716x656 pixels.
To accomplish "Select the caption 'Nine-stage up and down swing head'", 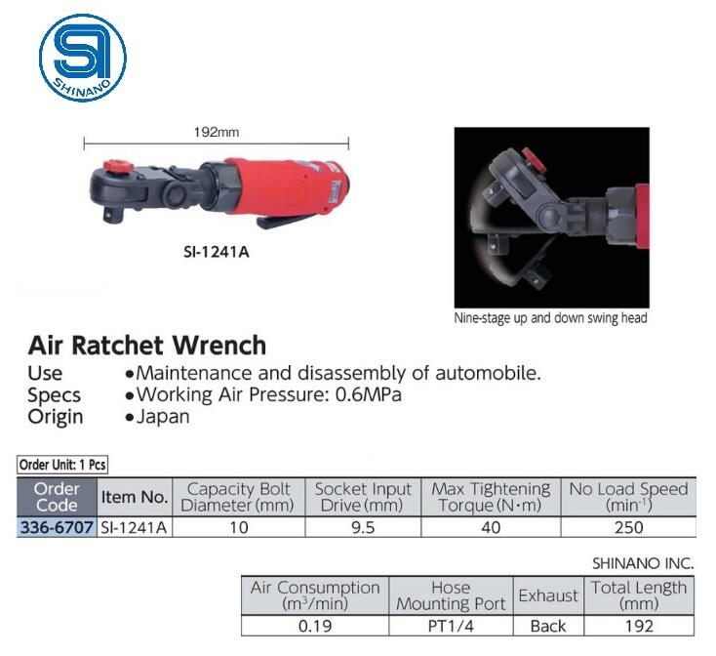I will click(550, 317).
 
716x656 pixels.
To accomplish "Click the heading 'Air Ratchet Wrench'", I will click(147, 346).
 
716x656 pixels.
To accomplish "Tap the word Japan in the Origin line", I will click(163, 417).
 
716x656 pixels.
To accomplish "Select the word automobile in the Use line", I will click(492, 373).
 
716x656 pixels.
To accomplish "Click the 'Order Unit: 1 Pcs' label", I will click(62, 465).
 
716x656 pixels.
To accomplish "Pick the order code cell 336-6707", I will click(58, 527).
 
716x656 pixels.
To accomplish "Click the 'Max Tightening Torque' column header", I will click(491, 497).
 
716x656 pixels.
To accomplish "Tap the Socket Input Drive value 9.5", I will click(364, 527).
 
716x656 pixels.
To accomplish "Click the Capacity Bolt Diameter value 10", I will click(239, 527).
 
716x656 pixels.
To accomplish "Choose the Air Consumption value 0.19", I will click(315, 626).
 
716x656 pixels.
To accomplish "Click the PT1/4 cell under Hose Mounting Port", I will click(451, 626).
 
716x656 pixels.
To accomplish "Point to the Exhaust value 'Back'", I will click(548, 626).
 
